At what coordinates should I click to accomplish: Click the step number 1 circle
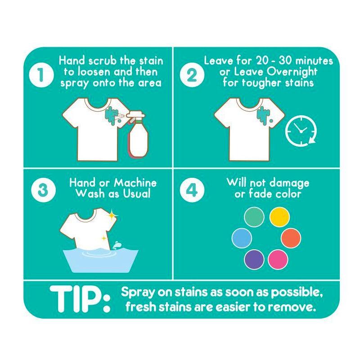pos(41,75)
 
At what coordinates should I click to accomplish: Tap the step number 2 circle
pos(192,75)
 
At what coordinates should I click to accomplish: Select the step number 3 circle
pos(42,190)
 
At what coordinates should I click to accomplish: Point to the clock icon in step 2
pos(300,130)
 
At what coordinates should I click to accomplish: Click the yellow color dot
pos(279,217)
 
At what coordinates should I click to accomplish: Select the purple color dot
pos(254,260)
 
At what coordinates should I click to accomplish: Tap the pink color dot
pos(278,260)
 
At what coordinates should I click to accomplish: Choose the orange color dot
pos(291,238)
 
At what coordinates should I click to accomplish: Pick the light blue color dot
pos(242,238)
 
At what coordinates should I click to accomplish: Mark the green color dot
pos(254,217)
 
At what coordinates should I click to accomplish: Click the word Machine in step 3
pos(135,183)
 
